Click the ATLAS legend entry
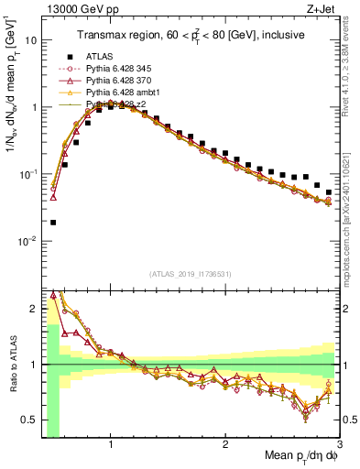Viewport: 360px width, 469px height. (x=98, y=58)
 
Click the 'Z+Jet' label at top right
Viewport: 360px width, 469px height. (x=323, y=9)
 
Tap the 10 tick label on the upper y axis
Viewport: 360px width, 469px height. (x=30, y=40)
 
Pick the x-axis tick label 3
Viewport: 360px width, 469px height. (x=339, y=446)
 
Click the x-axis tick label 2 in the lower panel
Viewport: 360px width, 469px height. (x=225, y=446)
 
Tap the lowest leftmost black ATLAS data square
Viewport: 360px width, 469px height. (x=53, y=222)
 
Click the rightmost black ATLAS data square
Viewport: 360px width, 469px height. (x=329, y=192)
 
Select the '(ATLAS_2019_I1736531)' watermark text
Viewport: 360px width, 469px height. (x=191, y=274)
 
